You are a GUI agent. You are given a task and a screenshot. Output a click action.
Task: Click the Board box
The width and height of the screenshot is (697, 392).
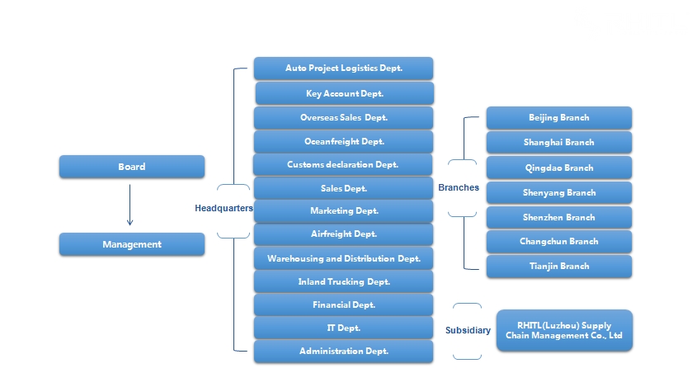132,167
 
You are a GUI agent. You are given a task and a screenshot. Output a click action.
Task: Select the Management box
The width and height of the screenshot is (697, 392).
132,244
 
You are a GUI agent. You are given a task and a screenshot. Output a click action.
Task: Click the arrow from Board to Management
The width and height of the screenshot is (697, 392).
130,205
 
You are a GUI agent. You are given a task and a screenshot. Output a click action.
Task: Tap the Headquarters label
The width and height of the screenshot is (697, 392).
224,208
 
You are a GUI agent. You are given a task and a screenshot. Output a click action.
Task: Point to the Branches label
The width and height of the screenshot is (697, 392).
459,187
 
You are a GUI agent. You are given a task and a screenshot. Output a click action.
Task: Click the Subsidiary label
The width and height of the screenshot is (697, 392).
468,330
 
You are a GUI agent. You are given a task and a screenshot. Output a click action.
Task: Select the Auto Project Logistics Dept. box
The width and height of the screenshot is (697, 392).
344,68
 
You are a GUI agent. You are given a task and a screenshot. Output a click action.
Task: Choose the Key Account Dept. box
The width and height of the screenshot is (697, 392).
345,93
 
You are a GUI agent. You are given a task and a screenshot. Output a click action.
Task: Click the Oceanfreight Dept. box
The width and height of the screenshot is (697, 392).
344,141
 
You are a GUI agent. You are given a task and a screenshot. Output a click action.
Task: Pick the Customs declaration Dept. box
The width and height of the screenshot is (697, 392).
342,164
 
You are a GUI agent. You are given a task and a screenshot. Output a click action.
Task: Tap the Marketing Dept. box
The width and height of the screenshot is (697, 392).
344,211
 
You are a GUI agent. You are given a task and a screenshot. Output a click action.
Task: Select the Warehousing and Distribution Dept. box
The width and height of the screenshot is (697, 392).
344,258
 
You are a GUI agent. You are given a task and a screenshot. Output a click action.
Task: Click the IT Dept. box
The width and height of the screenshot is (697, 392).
344,328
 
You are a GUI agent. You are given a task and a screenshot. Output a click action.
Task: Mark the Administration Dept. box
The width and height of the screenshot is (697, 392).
344,351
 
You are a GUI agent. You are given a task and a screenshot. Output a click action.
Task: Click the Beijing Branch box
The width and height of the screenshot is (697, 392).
559,118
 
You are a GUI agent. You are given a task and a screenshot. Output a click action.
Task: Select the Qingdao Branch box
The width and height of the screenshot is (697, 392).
559,168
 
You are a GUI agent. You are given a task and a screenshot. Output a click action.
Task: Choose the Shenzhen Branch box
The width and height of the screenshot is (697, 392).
559,218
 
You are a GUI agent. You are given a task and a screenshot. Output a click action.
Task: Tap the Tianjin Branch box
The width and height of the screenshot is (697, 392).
559,266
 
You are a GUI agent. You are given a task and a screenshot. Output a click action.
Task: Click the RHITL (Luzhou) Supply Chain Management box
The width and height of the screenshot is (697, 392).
564,331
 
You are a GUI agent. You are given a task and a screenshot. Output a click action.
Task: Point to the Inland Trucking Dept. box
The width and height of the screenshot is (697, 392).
344,281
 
